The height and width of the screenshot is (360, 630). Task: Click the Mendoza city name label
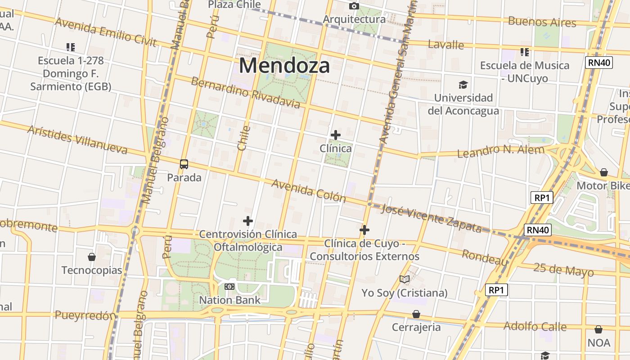pos(284,66)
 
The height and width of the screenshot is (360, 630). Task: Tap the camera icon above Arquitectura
pos(354,6)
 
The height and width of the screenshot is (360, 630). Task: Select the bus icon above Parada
pos(184,164)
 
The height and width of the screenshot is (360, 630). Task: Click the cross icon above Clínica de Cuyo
pos(364,230)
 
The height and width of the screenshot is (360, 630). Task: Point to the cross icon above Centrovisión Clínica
pos(248,221)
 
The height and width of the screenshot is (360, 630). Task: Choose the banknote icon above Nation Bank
pos(229,287)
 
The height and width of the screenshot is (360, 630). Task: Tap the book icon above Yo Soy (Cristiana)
pos(405,279)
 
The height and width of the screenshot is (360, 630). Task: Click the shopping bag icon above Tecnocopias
pos(92,257)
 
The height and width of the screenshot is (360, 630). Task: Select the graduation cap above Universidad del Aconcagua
pos(463,85)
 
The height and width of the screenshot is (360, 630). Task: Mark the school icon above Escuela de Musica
pos(524,52)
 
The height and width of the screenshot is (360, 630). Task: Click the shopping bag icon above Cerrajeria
pos(416,314)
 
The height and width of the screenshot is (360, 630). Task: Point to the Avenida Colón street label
pos(309,191)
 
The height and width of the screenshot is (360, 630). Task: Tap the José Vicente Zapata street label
pos(431,218)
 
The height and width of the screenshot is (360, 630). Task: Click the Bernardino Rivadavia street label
pos(245,93)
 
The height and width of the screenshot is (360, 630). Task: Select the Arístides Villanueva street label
pos(77,139)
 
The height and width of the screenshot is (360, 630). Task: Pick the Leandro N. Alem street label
pos(500,151)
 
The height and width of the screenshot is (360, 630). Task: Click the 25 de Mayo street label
pos(563,270)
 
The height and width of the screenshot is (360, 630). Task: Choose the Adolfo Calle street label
pos(535,326)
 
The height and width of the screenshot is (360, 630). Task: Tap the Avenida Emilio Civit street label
pos(105,32)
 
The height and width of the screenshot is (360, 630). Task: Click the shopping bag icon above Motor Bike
pos(604,172)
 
